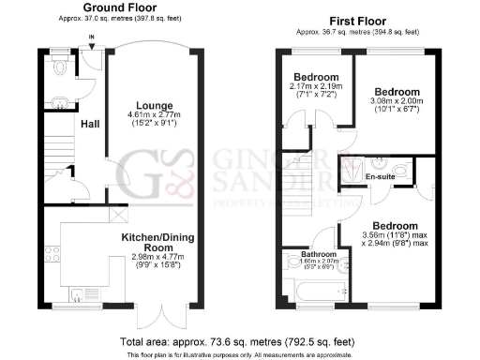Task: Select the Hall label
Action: [x=90, y=124]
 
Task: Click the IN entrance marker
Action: [x=91, y=38]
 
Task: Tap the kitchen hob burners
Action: [x=52, y=253]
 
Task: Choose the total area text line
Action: [x=240, y=340]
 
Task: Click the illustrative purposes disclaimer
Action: [x=240, y=354]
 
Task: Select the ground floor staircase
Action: [x=59, y=150]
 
